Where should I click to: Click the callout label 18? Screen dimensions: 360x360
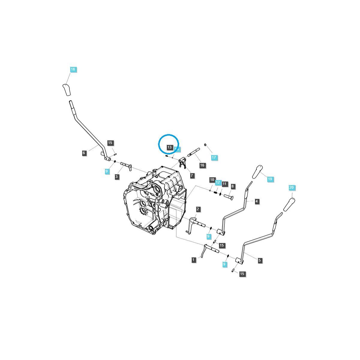[x=73, y=70]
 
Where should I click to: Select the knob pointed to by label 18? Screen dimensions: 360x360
[x=66, y=90]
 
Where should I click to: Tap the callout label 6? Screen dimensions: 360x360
[x=84, y=153]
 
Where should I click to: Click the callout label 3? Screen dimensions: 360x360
[x=117, y=177]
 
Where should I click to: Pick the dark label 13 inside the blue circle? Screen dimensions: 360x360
[x=169, y=147]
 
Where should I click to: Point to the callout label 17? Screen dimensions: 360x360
[x=214, y=157]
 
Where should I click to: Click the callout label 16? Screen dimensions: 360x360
[x=202, y=165]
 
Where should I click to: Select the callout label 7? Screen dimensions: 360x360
[x=192, y=175]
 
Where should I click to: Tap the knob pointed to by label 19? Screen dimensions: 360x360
[x=257, y=171]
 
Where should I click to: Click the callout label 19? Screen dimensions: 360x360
[x=270, y=179]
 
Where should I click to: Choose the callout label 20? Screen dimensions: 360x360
[x=292, y=187]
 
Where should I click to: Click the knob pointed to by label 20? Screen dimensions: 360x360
[x=289, y=205]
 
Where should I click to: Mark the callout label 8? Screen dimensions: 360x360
[x=232, y=186]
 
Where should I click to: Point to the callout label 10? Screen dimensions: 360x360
[x=212, y=180]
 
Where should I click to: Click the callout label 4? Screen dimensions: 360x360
[x=257, y=201]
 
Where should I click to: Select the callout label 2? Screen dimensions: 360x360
[x=198, y=209]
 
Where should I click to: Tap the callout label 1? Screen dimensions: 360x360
[x=194, y=260]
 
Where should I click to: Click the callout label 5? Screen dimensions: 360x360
[x=260, y=260]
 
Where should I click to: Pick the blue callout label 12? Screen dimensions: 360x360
[x=218, y=182]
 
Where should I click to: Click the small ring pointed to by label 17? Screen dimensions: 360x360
[x=205, y=145]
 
